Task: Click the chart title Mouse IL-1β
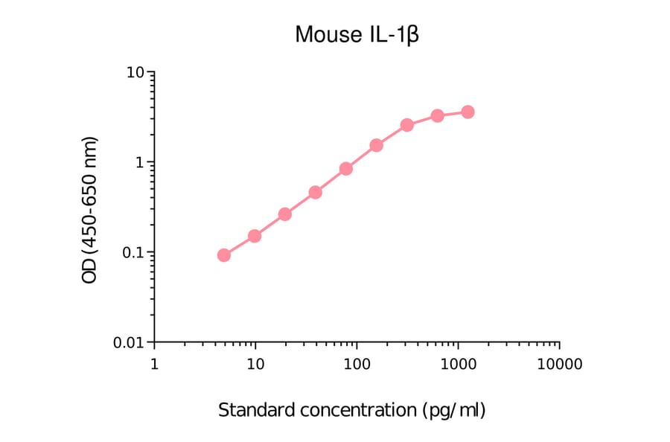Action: point(357,34)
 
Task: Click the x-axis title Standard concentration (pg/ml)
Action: point(351,410)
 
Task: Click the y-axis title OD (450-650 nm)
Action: point(90,210)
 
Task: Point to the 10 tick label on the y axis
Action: point(135,73)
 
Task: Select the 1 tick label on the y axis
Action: point(139,162)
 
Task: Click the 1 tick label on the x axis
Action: point(154,365)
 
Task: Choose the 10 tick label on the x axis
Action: point(255,365)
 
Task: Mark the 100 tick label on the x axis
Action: point(357,365)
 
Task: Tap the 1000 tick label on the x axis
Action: point(458,365)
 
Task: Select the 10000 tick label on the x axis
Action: point(559,365)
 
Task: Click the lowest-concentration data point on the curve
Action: point(224,255)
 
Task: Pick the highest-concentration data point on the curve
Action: point(468,112)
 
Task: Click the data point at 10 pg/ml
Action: point(255,236)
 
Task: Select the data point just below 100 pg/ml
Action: point(346,169)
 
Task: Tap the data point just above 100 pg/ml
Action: point(377,145)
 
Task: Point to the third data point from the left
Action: point(285,214)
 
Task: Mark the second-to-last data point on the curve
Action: point(438,115)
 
